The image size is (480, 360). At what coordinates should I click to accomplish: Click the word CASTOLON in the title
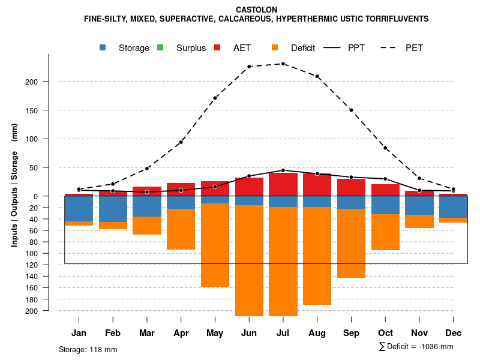pos(256,10)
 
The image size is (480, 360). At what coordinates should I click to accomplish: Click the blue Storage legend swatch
pos(103,48)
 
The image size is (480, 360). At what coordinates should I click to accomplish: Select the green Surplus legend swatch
pos(160,48)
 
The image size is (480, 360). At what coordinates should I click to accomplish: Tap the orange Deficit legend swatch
pos(275,48)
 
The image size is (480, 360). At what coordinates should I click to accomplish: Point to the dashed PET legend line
pos(391,48)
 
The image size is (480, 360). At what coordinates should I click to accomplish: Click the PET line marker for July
pos(283,64)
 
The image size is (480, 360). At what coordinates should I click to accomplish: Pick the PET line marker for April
pos(181,142)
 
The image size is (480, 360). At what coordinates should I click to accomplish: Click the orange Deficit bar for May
pos(215,245)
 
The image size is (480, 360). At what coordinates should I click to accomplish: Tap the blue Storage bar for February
pos(113,209)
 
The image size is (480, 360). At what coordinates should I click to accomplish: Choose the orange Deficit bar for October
pos(385,232)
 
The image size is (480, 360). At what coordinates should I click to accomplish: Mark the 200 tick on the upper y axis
pos(59,82)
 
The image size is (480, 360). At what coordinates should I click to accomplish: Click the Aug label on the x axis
pos(317,333)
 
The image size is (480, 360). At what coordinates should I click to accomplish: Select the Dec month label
pos(453,333)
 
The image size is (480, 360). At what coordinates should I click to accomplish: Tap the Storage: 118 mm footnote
pos(88,349)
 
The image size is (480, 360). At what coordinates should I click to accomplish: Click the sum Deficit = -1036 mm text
pos(416,347)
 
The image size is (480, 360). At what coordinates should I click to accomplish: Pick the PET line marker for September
pos(351,110)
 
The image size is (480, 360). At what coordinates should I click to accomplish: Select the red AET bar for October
pos(385,190)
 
